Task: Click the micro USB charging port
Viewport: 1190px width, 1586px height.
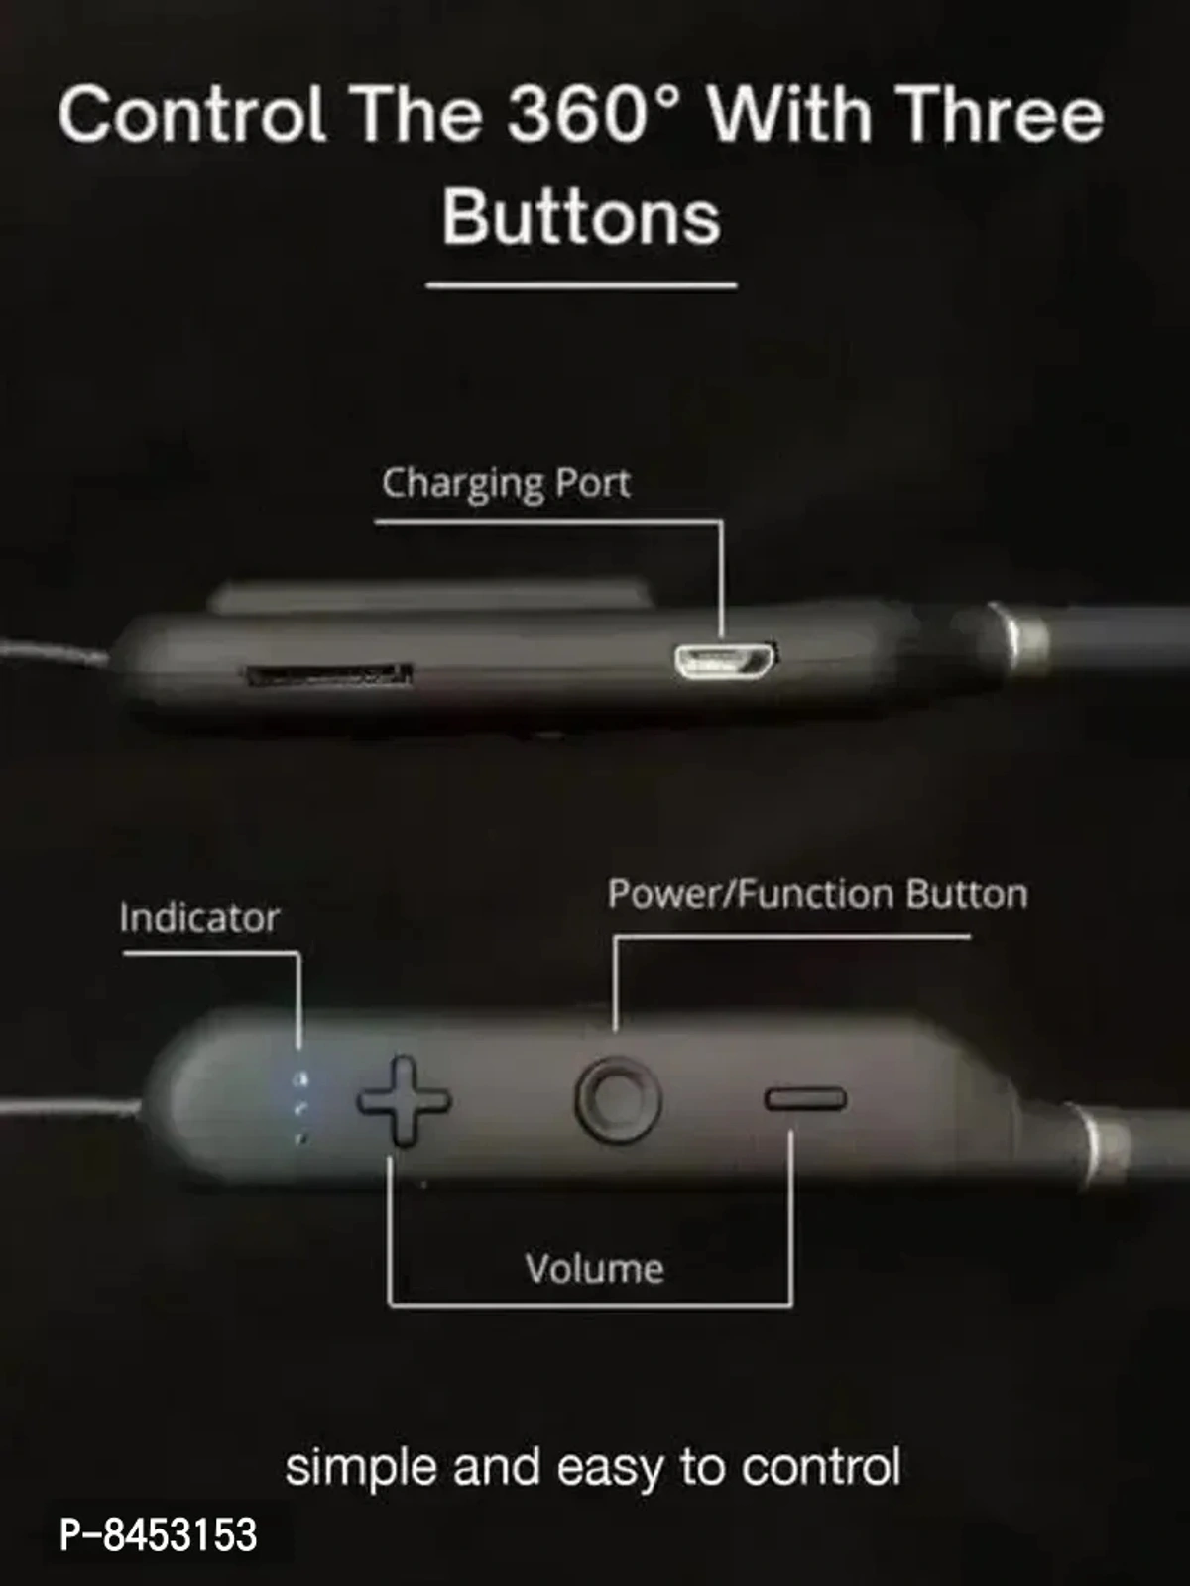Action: pyautogui.click(x=726, y=659)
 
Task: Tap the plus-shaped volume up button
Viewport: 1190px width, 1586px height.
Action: pyautogui.click(x=404, y=1100)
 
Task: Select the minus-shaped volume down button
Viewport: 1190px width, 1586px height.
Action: pyautogui.click(x=804, y=1098)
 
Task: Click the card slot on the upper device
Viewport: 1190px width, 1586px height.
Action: pyautogui.click(x=328, y=676)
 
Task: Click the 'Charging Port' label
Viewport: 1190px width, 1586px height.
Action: pyautogui.click(x=506, y=484)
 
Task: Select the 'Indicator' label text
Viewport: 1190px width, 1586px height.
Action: pyautogui.click(x=198, y=918)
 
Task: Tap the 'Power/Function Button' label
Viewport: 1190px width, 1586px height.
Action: pyautogui.click(x=817, y=894)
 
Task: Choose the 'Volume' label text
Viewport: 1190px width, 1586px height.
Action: pyautogui.click(x=594, y=1269)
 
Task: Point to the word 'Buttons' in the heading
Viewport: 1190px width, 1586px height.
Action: pyautogui.click(x=581, y=217)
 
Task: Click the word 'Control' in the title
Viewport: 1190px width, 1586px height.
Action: pyautogui.click(x=191, y=114)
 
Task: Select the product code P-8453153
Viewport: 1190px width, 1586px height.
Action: pyautogui.click(x=159, y=1534)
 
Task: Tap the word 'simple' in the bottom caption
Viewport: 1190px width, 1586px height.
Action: pyautogui.click(x=361, y=1467)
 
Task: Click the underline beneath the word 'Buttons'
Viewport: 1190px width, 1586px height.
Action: pyautogui.click(x=581, y=286)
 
